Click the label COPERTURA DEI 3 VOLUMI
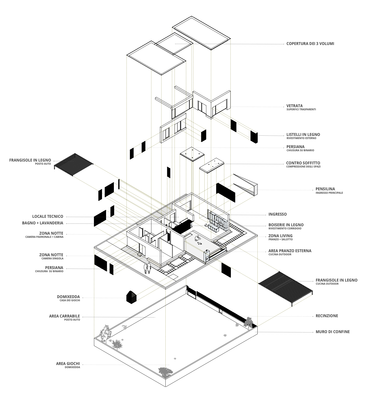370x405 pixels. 310,44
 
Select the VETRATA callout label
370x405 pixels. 295,106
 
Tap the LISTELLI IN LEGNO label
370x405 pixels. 303,135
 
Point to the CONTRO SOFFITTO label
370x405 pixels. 303,163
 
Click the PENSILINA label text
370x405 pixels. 325,189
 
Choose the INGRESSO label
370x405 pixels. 277,214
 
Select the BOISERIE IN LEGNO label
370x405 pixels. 286,225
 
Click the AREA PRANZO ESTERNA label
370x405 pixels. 290,251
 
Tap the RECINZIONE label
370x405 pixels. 327,316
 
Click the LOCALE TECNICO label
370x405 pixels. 48,216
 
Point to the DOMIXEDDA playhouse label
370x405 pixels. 68,297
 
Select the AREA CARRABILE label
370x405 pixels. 65,316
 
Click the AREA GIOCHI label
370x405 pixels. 68,363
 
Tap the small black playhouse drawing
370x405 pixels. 131,297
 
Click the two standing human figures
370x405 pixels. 148,268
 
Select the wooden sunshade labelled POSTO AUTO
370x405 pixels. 74,164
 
